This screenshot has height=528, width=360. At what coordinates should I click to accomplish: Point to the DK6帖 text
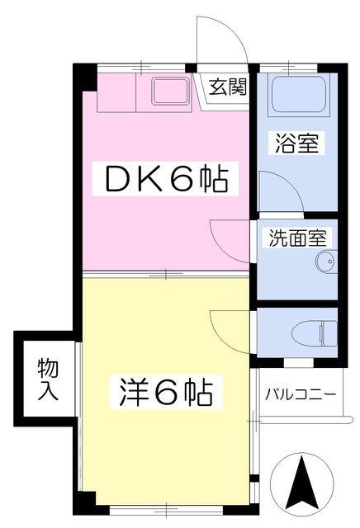coord(164,178)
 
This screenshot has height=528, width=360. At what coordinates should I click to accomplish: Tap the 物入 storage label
coord(48,379)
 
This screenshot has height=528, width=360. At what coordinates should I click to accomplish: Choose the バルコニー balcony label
coord(301,394)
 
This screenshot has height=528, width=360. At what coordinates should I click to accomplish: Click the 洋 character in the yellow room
coord(128,393)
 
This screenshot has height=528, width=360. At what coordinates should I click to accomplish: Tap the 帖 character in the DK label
coord(211,178)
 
